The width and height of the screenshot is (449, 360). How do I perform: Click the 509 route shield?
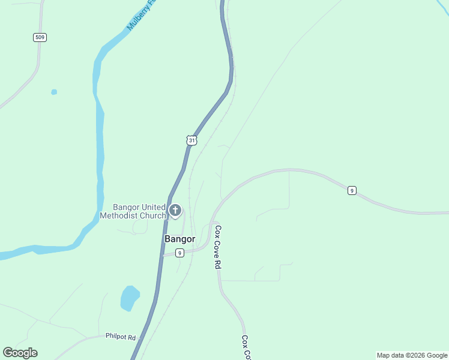40,37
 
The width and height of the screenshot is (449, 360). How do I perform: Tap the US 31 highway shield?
191,140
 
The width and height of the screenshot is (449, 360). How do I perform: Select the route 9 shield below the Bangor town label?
179,253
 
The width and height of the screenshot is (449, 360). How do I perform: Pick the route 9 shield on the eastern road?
352,191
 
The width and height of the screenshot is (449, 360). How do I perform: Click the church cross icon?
175,210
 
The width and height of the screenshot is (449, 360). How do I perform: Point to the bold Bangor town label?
179,239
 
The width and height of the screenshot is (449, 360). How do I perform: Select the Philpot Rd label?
121,337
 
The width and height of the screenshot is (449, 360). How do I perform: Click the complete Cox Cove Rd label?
218,247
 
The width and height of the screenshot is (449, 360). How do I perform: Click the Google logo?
20,353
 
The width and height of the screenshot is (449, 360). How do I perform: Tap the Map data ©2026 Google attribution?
412,355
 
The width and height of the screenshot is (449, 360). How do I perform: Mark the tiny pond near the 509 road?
54,92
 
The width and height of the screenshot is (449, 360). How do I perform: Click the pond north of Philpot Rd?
130,298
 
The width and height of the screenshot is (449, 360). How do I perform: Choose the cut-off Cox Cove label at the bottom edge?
246,348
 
